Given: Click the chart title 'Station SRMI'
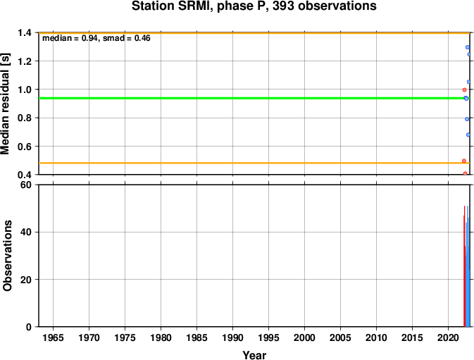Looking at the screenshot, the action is pyautogui.click(x=170, y=6).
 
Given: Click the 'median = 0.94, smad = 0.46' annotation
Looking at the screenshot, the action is pyautogui.click(x=96, y=38).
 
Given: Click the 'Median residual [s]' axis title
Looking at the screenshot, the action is pyautogui.click(x=6, y=104).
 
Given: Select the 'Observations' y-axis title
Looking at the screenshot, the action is pyautogui.click(x=7, y=256).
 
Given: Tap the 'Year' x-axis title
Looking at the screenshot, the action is pyautogui.click(x=254, y=355).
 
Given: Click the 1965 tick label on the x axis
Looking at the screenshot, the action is pyautogui.click(x=54, y=337).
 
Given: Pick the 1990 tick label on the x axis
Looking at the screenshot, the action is pyautogui.click(x=232, y=337).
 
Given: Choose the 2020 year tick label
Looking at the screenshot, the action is pyautogui.click(x=449, y=337).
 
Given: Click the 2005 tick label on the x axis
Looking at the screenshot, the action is pyautogui.click(x=340, y=337).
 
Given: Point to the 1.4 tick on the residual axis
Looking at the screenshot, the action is pyautogui.click(x=25, y=32).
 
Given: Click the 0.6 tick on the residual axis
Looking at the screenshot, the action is pyautogui.click(x=25, y=147).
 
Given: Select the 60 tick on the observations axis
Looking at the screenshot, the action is pyautogui.click(x=25, y=185).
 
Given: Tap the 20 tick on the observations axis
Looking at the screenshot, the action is pyautogui.click(x=25, y=280).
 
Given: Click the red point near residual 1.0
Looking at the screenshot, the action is pyautogui.click(x=465, y=89).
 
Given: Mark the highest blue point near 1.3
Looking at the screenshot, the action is pyautogui.click(x=468, y=47).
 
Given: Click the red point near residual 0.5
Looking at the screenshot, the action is pyautogui.click(x=464, y=161).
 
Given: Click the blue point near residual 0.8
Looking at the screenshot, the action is pyautogui.click(x=467, y=119).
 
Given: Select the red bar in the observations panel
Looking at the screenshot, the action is pyautogui.click(x=464, y=266).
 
